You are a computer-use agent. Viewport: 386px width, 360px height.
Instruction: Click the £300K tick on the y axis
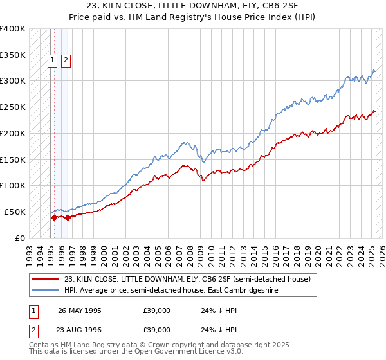click(13, 81)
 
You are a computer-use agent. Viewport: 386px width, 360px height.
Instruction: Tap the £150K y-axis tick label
click(13, 159)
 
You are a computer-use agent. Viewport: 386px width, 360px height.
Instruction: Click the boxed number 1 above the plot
click(53, 62)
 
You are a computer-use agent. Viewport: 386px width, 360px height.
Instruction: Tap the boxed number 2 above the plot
click(66, 62)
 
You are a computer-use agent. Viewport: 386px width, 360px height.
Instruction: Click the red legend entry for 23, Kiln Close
click(187, 279)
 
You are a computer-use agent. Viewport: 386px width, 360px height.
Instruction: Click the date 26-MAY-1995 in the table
click(80, 310)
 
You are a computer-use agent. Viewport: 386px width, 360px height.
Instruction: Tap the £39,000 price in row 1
click(157, 310)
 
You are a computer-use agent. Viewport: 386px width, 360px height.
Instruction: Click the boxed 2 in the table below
click(32, 329)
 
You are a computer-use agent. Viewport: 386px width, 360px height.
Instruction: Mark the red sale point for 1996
click(67, 217)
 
